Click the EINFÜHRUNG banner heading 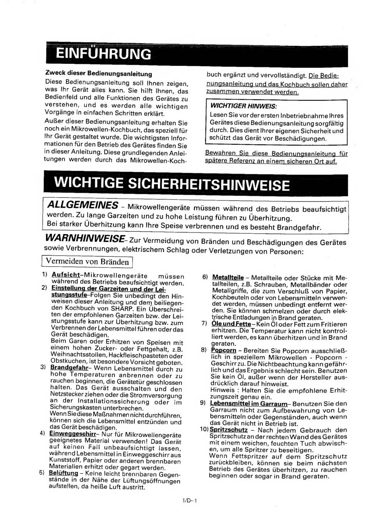103,54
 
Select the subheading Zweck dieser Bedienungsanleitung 98,74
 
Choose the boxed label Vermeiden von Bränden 87,262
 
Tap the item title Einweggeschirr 73,433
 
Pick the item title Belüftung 63,473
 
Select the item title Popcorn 224,350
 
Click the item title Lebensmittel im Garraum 249,403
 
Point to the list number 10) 204,430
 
